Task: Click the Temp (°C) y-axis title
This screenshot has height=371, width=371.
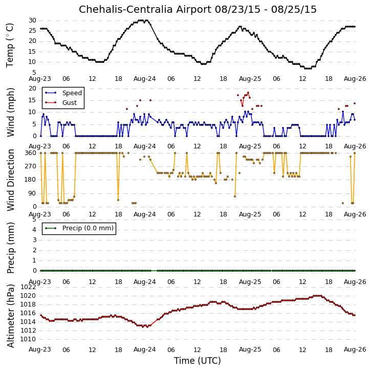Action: (x=10, y=45)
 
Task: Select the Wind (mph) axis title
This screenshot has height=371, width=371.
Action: (x=10, y=112)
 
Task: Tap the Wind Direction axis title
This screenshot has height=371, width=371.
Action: (x=10, y=180)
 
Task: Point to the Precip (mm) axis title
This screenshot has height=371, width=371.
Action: (x=10, y=248)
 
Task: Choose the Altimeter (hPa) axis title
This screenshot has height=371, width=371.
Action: (x=10, y=316)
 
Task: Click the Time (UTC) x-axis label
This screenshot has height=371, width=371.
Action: (x=198, y=361)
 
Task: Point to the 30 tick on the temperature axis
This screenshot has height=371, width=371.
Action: (x=32, y=20)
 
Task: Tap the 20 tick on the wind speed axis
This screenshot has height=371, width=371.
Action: (x=32, y=89)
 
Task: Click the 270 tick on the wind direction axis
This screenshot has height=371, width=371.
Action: (x=31, y=166)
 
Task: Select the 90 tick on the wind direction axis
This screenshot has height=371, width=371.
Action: (x=32, y=193)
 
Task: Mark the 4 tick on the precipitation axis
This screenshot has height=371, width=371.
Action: (x=35, y=230)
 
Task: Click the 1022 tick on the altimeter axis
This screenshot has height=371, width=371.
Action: (x=28, y=287)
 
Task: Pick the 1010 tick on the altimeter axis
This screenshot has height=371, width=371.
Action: (x=28, y=339)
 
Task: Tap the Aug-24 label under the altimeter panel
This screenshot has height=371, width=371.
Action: (x=145, y=350)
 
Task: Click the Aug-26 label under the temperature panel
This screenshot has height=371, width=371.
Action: (x=355, y=79)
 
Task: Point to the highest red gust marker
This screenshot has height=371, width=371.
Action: (x=248, y=93)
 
